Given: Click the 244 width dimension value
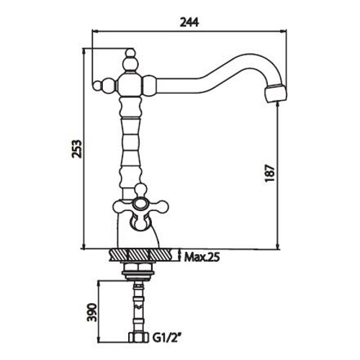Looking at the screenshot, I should coord(189,22).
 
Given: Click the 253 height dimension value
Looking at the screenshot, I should coord(76,148).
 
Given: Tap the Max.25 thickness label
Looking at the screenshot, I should coord(201,256).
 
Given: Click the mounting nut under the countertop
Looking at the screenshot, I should coord(139,269).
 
